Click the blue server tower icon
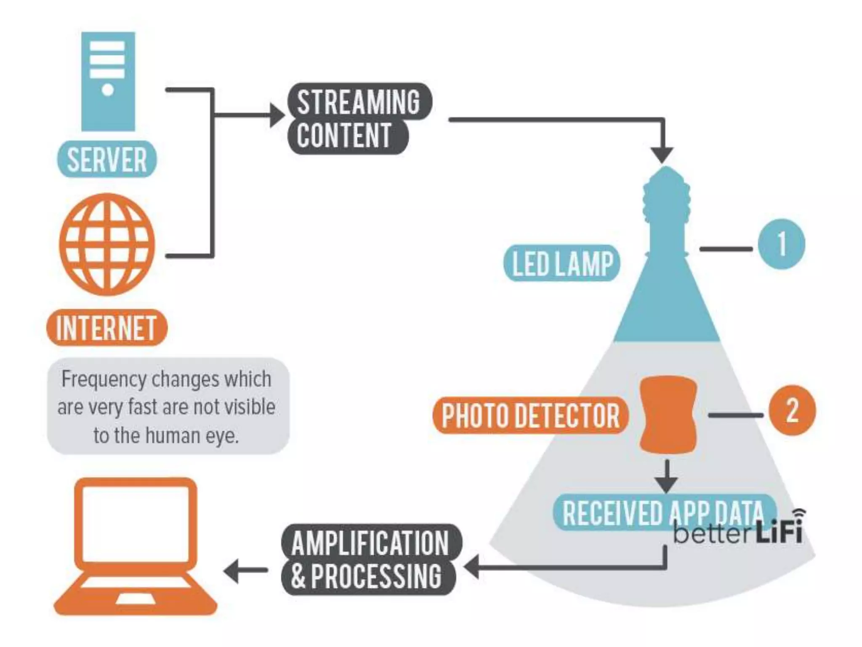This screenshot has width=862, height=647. click(x=108, y=81)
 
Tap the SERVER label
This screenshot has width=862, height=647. click(x=107, y=160)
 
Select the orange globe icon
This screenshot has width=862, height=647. click(x=107, y=244)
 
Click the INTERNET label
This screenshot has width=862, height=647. click(x=106, y=328)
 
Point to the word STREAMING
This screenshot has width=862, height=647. click(x=359, y=102)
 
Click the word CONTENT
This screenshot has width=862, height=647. click(x=344, y=136)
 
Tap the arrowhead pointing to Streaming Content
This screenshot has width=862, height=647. click(x=278, y=115)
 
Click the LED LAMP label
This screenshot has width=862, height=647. click(x=562, y=264)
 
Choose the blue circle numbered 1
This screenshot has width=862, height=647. click(x=781, y=244)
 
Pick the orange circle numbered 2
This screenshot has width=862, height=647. click(x=792, y=410)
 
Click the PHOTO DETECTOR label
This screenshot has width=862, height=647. click(x=530, y=415)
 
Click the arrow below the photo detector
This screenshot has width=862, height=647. click(x=667, y=478)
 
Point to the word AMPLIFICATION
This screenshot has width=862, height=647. click(x=370, y=543)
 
